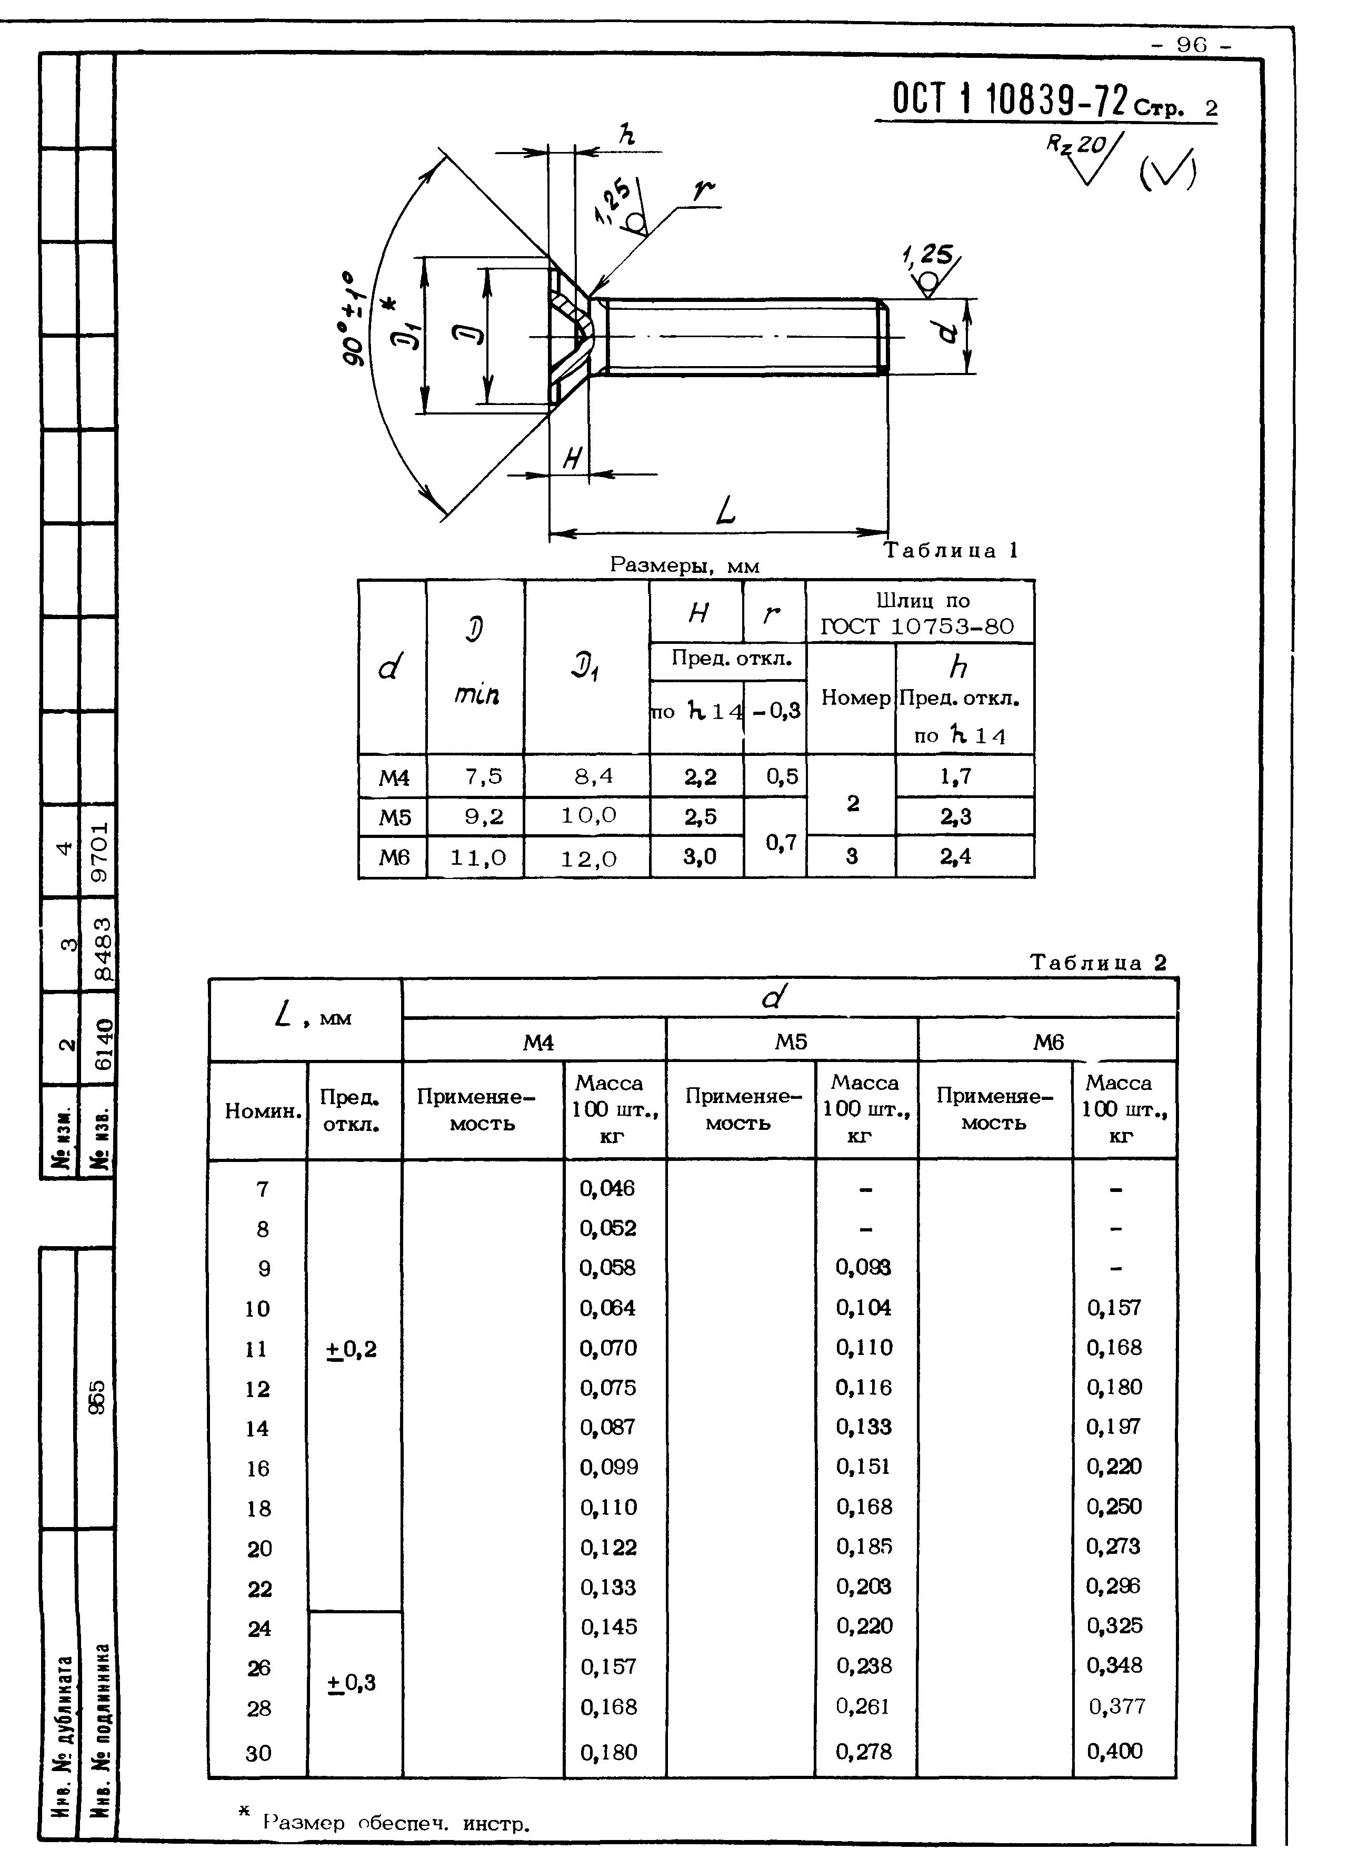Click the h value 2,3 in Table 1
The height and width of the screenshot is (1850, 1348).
pyautogui.click(x=955, y=816)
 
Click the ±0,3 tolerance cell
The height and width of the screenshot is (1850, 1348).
pyautogui.click(x=353, y=1682)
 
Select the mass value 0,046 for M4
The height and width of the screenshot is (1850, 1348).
pyautogui.click(x=607, y=1188)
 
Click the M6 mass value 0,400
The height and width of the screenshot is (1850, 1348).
pyautogui.click(x=1115, y=1751)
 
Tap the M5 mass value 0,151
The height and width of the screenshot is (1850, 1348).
pyautogui.click(x=863, y=1467)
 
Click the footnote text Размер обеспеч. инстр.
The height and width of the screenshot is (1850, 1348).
pyautogui.click(x=396, y=1824)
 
